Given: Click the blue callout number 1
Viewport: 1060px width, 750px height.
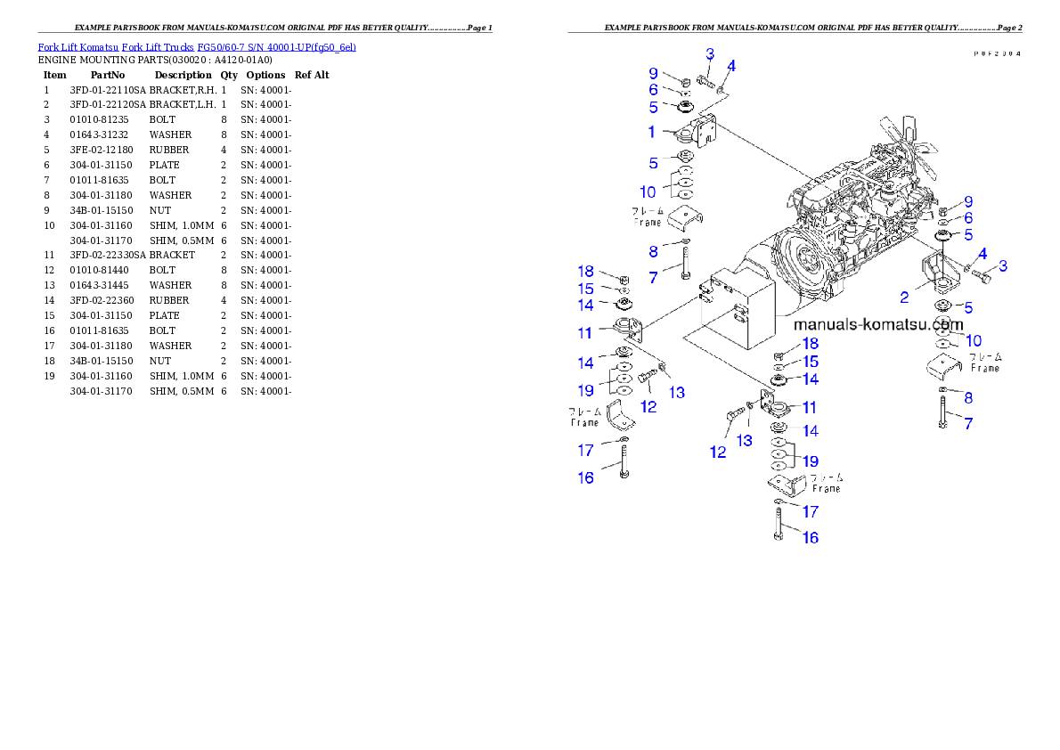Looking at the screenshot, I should click(652, 132).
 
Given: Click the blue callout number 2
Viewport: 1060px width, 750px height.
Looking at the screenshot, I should click(904, 298).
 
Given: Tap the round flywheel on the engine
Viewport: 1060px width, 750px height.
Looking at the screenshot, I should click(806, 263).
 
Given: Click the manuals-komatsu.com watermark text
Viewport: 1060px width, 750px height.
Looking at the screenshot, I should click(879, 325).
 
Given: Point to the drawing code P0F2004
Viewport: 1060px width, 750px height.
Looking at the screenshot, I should click(996, 53).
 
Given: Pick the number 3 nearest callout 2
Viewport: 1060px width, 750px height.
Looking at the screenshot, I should click(1003, 265).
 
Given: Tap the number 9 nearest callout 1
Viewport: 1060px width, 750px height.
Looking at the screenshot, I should click(652, 73).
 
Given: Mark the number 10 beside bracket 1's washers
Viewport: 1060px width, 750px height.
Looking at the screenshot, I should click(648, 192).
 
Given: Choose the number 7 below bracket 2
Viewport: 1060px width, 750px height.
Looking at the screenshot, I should click(968, 425).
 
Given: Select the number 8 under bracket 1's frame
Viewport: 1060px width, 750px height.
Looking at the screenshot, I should click(653, 252).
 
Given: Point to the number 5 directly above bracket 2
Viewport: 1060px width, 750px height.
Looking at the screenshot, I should click(968, 235).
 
